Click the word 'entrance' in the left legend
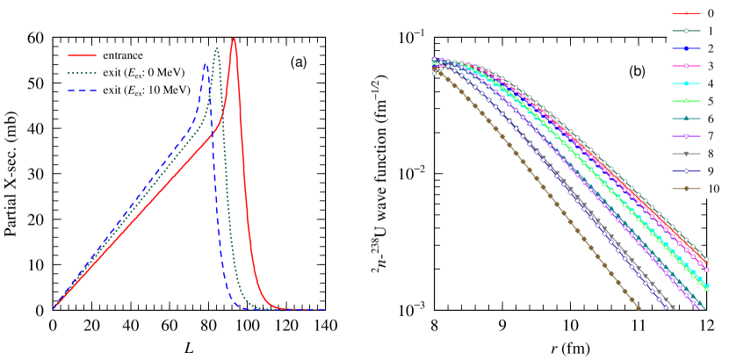coord(122,55)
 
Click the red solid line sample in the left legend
coord(82,55)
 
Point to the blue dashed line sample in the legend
coord(82,90)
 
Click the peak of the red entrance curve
coord(234,38)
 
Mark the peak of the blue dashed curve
coord(206,62)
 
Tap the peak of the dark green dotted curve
coord(217,47)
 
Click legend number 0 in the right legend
coord(710,14)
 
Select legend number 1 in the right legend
coord(710,31)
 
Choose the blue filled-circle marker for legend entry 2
coord(685,48)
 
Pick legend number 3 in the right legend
coord(710,66)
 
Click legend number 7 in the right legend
coord(710,136)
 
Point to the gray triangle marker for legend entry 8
coord(685,154)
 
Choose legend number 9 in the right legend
coord(710,171)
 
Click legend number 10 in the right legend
coord(712,189)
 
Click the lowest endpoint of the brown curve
coord(639,309)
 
